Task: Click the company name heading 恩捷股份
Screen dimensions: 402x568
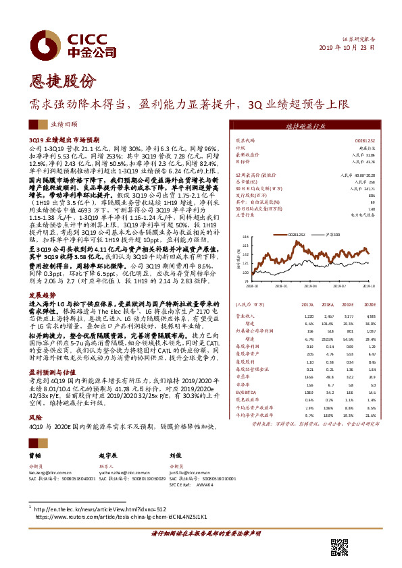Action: (x=59, y=82)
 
